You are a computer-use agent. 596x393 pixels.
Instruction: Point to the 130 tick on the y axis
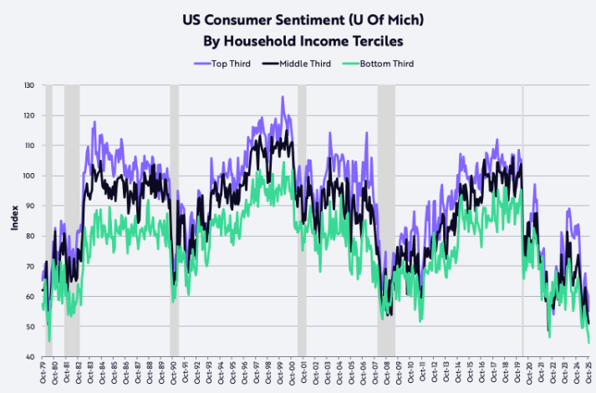tap(29, 85)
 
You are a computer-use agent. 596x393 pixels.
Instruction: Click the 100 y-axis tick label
tap(29, 176)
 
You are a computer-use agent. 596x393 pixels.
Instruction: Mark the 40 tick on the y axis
tap(29, 356)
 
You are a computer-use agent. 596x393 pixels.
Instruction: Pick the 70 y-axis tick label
tap(29, 266)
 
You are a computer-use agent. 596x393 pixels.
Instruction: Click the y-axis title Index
tap(14, 221)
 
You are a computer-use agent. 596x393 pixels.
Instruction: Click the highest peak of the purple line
tap(283, 97)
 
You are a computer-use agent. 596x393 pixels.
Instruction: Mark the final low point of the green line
tap(588, 343)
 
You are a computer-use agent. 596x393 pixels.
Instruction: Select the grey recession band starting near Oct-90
tap(174, 221)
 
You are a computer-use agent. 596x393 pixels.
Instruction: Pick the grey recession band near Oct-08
tap(385, 221)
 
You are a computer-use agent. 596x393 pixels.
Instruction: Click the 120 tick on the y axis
tap(29, 115)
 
